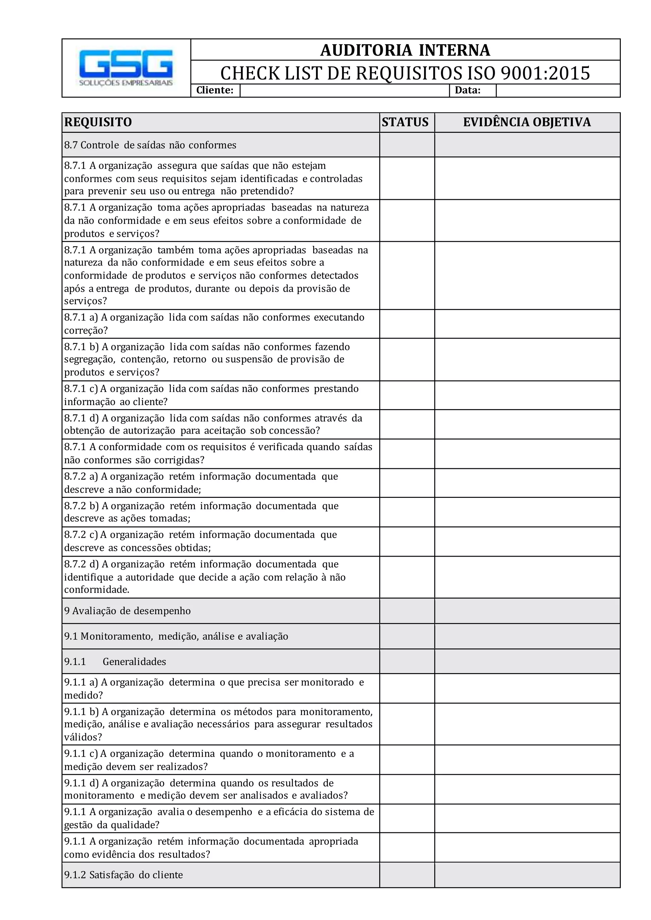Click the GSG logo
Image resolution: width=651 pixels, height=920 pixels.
click(126, 68)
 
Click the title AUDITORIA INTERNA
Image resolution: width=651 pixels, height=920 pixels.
click(405, 51)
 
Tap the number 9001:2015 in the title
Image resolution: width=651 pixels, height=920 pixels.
click(545, 73)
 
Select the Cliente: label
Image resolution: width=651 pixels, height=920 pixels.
click(215, 90)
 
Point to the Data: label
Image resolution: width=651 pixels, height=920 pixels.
click(467, 90)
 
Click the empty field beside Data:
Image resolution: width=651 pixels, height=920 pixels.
click(558, 91)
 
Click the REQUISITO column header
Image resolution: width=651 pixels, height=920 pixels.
click(98, 122)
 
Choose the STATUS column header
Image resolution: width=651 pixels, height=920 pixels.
click(405, 122)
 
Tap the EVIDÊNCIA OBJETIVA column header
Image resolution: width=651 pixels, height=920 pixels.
click(527, 122)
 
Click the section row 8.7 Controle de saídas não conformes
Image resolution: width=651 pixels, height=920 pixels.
click(150, 145)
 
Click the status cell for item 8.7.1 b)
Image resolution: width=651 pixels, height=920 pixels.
click(407, 359)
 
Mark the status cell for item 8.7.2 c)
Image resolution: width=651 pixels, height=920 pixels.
click(407, 541)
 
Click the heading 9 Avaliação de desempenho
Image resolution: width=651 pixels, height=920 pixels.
click(127, 611)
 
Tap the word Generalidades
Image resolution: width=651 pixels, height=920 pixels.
click(134, 661)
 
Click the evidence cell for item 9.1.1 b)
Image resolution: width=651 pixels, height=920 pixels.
click(527, 724)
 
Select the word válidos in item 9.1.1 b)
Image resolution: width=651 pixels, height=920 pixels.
click(83, 737)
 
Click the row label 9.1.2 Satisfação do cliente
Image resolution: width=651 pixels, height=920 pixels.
click(123, 875)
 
